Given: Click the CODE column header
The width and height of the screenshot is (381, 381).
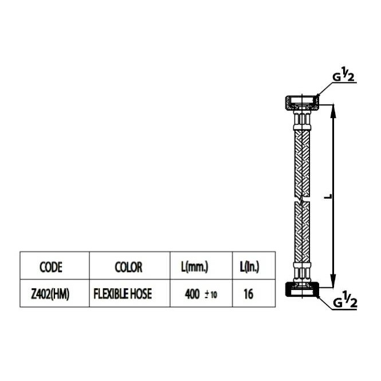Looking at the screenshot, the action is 51,267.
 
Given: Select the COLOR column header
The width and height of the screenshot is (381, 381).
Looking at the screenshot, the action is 128,267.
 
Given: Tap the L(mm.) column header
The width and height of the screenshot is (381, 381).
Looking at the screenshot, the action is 195,267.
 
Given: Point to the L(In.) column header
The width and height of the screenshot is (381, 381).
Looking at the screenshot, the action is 250,267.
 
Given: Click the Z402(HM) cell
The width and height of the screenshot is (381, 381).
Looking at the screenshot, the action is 50,294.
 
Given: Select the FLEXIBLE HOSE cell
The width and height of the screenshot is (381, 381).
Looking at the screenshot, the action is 123,294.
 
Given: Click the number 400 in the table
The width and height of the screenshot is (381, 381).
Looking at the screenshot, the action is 192,294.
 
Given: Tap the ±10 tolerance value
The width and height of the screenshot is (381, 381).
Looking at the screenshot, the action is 211,295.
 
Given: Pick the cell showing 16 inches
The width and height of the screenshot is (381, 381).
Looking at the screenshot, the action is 248,294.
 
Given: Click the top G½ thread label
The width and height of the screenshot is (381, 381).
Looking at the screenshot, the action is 343,74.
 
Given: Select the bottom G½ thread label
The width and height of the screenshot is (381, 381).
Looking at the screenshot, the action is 345,300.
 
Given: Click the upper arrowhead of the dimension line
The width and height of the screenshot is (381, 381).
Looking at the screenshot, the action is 333,111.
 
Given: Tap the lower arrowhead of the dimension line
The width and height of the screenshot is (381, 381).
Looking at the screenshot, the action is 333,281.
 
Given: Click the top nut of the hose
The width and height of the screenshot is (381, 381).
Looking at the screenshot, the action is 302,103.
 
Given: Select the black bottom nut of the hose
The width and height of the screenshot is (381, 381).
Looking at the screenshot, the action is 302,289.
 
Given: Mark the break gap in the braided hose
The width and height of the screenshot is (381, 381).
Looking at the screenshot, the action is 302,199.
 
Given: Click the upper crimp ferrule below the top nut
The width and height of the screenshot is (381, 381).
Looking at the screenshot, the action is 302,120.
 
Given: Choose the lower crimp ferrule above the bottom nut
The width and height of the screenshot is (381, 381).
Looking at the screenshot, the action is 302,272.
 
